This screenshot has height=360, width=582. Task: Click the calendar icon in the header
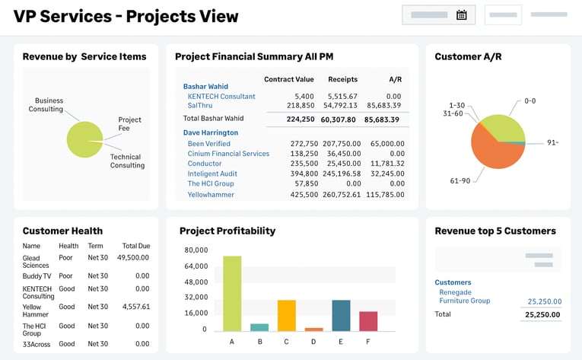point(461,14)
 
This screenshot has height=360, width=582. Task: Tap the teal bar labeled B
point(259,327)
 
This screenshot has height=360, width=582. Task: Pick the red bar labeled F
point(368,320)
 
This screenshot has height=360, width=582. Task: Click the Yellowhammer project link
point(211,195)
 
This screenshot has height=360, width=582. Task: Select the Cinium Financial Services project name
point(228,154)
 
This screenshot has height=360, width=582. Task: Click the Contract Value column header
point(288,79)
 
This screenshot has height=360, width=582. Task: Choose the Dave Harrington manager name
point(210,132)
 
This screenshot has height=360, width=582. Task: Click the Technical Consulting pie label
point(126,161)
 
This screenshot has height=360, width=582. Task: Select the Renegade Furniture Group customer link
point(464,296)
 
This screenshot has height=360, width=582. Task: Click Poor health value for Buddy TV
point(67,276)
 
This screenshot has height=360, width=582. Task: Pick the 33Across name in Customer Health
point(36,344)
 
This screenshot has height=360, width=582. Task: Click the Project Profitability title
point(227,231)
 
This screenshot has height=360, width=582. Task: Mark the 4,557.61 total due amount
point(135,307)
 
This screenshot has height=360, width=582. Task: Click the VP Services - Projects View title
point(126,16)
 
